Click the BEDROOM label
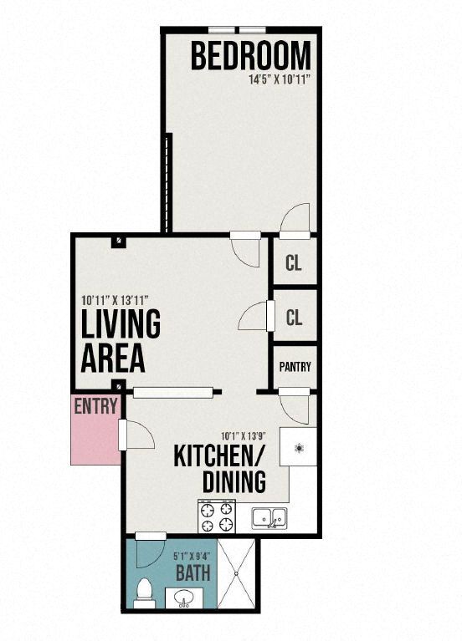pos(250,56)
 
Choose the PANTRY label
pos(295,366)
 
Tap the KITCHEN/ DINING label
pos(219,469)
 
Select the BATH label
pos(192,574)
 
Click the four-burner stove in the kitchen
pos(216,516)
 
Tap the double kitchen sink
pos(269,517)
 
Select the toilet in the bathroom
pos(144,593)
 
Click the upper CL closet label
pos(294,264)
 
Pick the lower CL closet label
pos(294,318)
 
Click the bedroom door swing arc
pos(295,218)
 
